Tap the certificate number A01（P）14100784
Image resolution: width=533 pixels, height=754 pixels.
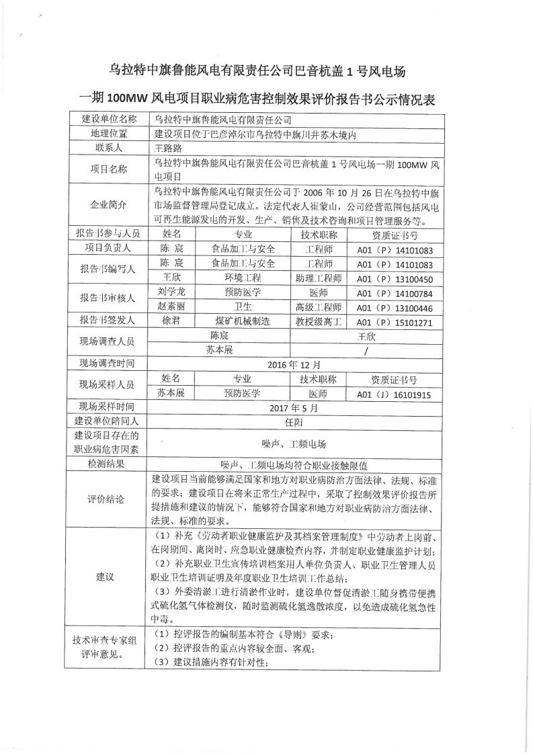(x=395, y=293)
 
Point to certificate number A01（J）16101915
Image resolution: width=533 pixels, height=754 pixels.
(x=395, y=394)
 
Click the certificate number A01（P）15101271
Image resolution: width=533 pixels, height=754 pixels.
(x=395, y=322)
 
